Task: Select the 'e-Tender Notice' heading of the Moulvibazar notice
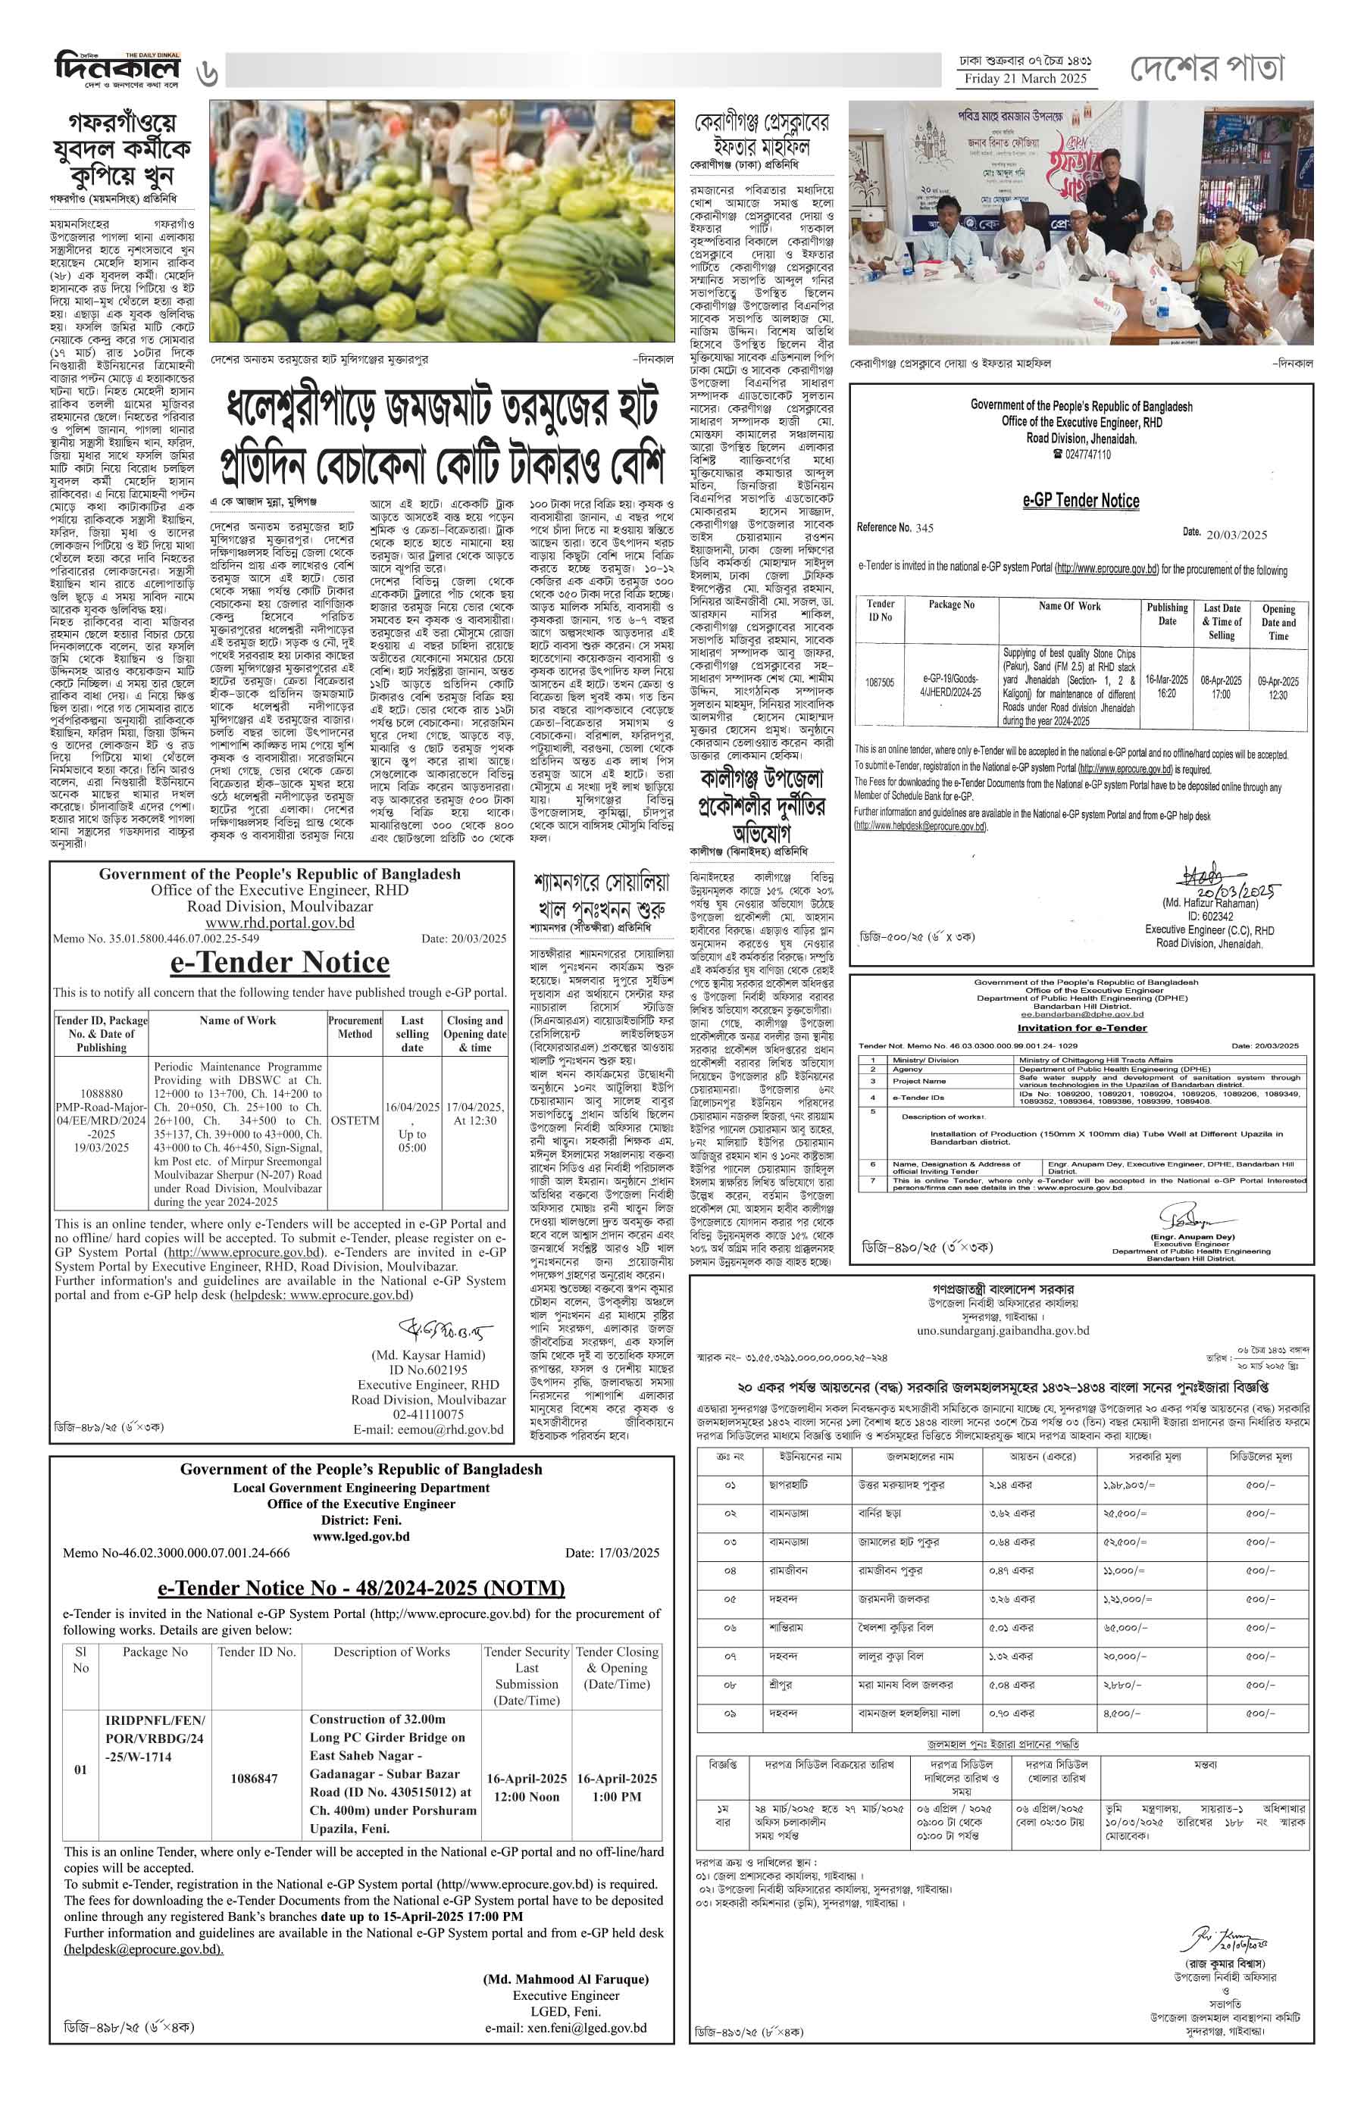click(x=280, y=963)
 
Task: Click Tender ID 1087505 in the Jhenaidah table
click(x=880, y=683)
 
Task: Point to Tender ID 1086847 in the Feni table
click(x=254, y=1778)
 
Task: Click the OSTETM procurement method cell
click(x=355, y=1120)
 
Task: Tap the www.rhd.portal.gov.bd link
click(x=280, y=923)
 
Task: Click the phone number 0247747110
click(x=1081, y=455)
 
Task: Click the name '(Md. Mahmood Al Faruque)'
click(x=566, y=1979)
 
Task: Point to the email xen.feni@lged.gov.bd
click(x=566, y=2028)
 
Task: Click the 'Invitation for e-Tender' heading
click(x=1081, y=1028)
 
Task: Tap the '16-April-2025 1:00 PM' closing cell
click(x=617, y=1788)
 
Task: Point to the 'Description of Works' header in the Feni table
click(x=392, y=1652)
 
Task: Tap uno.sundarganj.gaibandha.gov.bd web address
click(x=1003, y=1330)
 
